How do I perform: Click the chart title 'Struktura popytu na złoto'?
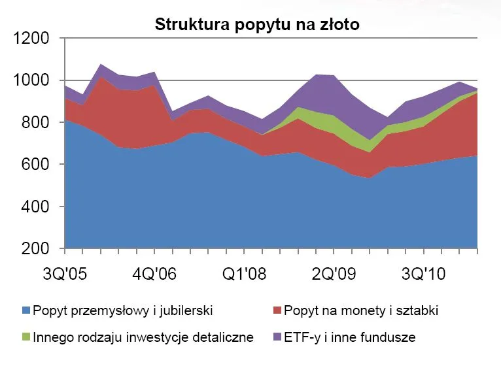[x=257, y=25]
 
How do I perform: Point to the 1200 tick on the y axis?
[x=31, y=39]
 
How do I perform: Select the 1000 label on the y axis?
[x=31, y=80]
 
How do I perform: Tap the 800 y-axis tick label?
[x=36, y=123]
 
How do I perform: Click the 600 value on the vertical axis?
[x=36, y=165]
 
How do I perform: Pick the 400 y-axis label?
[x=36, y=207]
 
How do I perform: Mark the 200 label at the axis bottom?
[x=36, y=249]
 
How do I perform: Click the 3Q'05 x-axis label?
[x=65, y=273]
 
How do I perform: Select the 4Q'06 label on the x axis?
[x=154, y=273]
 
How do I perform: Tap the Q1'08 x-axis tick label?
[x=243, y=273]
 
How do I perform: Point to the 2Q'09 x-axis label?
[x=333, y=273]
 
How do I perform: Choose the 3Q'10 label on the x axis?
[x=423, y=273]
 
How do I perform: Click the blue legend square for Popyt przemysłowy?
[x=26, y=310]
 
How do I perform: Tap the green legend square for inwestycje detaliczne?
[x=26, y=338]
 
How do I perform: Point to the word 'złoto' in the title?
[x=337, y=25]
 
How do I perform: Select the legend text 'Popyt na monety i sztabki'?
[x=360, y=310]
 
